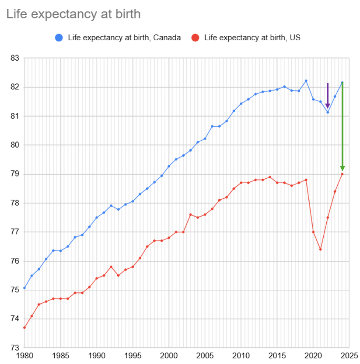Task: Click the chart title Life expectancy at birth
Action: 73,14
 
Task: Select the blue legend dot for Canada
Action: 58,38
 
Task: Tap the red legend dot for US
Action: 196,38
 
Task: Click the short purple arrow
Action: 328,95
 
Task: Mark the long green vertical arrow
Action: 343,127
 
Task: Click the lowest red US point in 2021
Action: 321,250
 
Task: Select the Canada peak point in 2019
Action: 306,81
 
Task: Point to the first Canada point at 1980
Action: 24,288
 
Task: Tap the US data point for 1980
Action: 24,328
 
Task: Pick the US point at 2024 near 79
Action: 342,174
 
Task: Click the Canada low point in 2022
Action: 328,112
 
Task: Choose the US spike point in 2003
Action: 190,215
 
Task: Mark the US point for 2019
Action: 306,180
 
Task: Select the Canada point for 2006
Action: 212,126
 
